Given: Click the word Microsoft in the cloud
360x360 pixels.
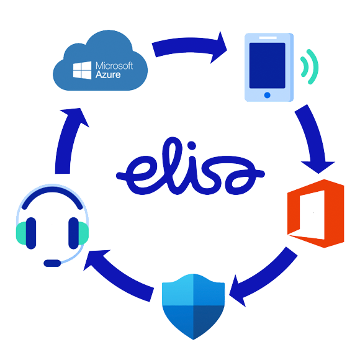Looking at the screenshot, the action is (x=114, y=66).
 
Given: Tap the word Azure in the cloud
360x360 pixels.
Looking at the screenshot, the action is (x=108, y=74).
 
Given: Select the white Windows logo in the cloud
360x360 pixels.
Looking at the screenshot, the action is (x=82, y=70).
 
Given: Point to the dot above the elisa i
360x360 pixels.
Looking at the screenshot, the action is (x=191, y=145).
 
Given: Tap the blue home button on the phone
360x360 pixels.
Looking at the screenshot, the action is (x=267, y=95).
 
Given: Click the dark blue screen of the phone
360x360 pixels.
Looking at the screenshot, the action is (x=268, y=65).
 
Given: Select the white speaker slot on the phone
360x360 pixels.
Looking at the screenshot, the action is (x=268, y=38).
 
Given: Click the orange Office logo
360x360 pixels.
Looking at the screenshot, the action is (x=316, y=214).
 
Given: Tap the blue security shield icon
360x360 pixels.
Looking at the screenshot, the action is (x=193, y=307).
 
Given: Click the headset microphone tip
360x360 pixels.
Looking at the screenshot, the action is (x=52, y=263).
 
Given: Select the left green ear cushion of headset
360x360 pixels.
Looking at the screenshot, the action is (x=21, y=233).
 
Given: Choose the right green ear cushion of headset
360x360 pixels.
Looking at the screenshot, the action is (x=83, y=233).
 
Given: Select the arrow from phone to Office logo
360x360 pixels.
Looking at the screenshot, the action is (x=314, y=138).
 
